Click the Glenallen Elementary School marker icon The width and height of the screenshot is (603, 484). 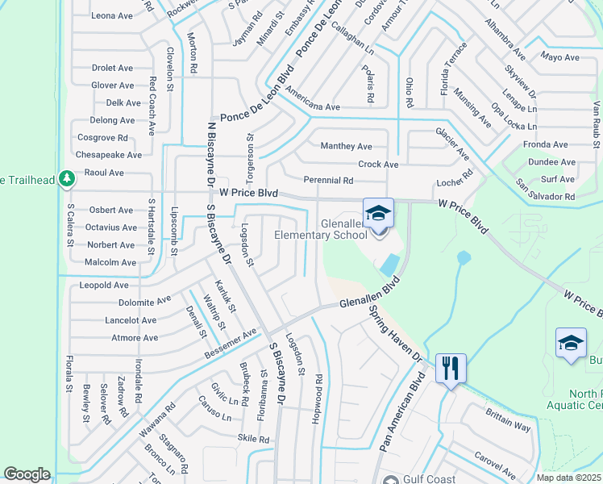click(378, 214)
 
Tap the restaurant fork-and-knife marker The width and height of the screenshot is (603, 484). click(449, 369)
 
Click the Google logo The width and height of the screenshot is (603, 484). click(27, 474)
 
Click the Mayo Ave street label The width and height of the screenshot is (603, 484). click(560, 57)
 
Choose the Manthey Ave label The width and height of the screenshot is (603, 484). click(346, 146)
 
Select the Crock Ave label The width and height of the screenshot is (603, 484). click(379, 165)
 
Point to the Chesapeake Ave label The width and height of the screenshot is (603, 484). click(108, 155)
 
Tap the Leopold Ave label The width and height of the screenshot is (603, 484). click(104, 285)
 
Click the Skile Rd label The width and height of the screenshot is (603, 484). click(253, 439)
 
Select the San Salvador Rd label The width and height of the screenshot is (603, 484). click(546, 197)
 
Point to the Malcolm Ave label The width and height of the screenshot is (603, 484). click(110, 262)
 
